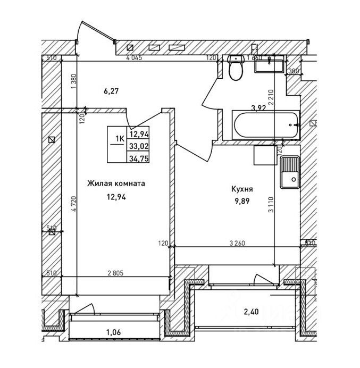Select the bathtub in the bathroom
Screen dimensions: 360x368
coord(261,125)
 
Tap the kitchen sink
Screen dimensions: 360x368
coord(290,173)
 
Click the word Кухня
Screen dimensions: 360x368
coord(242,189)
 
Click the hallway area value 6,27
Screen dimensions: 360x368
coord(111,91)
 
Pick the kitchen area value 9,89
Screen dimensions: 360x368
coord(241,201)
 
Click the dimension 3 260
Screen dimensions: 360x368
coord(237,244)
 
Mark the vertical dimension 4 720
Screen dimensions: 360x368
coord(75,203)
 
